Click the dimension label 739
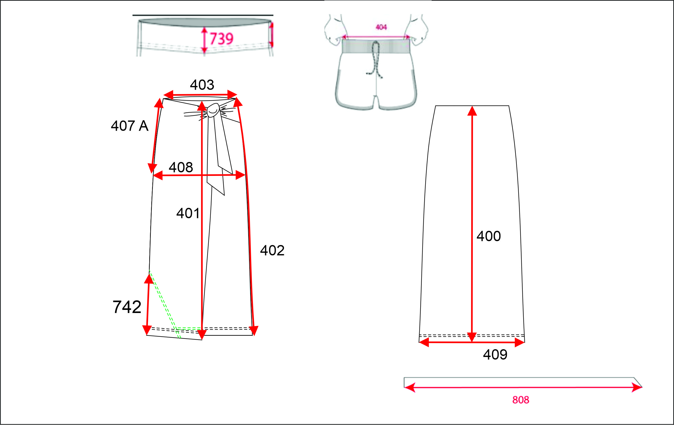[x=221, y=38]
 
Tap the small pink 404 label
[x=381, y=27]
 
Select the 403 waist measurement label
[x=202, y=85]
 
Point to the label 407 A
[x=130, y=126]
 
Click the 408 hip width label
[x=181, y=167]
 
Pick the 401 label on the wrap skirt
[x=188, y=213]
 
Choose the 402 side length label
[x=272, y=250]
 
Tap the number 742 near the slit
[x=127, y=307]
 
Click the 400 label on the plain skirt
[x=489, y=236]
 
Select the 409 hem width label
[x=495, y=354]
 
